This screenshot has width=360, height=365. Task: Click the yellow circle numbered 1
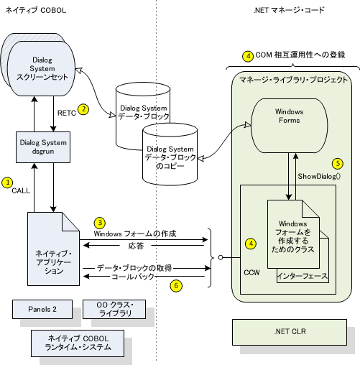pyautogui.click(x=7, y=182)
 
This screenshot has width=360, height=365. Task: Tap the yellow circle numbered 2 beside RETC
pyautogui.click(x=83, y=109)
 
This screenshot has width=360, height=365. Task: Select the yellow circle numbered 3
pyautogui.click(x=100, y=223)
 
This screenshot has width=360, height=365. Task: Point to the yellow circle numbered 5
pyautogui.click(x=338, y=164)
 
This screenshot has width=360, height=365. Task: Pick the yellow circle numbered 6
pyautogui.click(x=176, y=285)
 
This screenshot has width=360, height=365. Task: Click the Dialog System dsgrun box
pyautogui.click(x=43, y=147)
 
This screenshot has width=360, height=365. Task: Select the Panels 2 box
pyautogui.click(x=42, y=309)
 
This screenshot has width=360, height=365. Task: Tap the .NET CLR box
pyautogui.click(x=290, y=332)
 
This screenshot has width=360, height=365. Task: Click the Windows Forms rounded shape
pyautogui.click(x=289, y=126)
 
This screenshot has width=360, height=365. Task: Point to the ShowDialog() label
pyautogui.click(x=319, y=177)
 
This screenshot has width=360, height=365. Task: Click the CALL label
pyautogui.click(x=21, y=190)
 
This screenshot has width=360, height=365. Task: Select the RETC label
pyautogui.click(x=67, y=113)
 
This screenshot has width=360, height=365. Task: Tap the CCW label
pyautogui.click(x=251, y=272)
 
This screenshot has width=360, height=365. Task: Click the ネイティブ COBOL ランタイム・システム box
pyautogui.click(x=78, y=343)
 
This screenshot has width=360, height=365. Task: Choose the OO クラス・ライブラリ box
pyautogui.click(x=114, y=309)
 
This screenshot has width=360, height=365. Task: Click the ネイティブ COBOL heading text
pyautogui.click(x=36, y=10)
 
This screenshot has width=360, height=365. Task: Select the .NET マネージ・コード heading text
pyautogui.click(x=289, y=10)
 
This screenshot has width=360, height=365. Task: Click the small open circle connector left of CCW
pyautogui.click(x=221, y=257)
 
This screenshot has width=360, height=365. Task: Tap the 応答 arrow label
pyautogui.click(x=136, y=246)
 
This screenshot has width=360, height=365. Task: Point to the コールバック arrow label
pyautogui.click(x=133, y=277)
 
